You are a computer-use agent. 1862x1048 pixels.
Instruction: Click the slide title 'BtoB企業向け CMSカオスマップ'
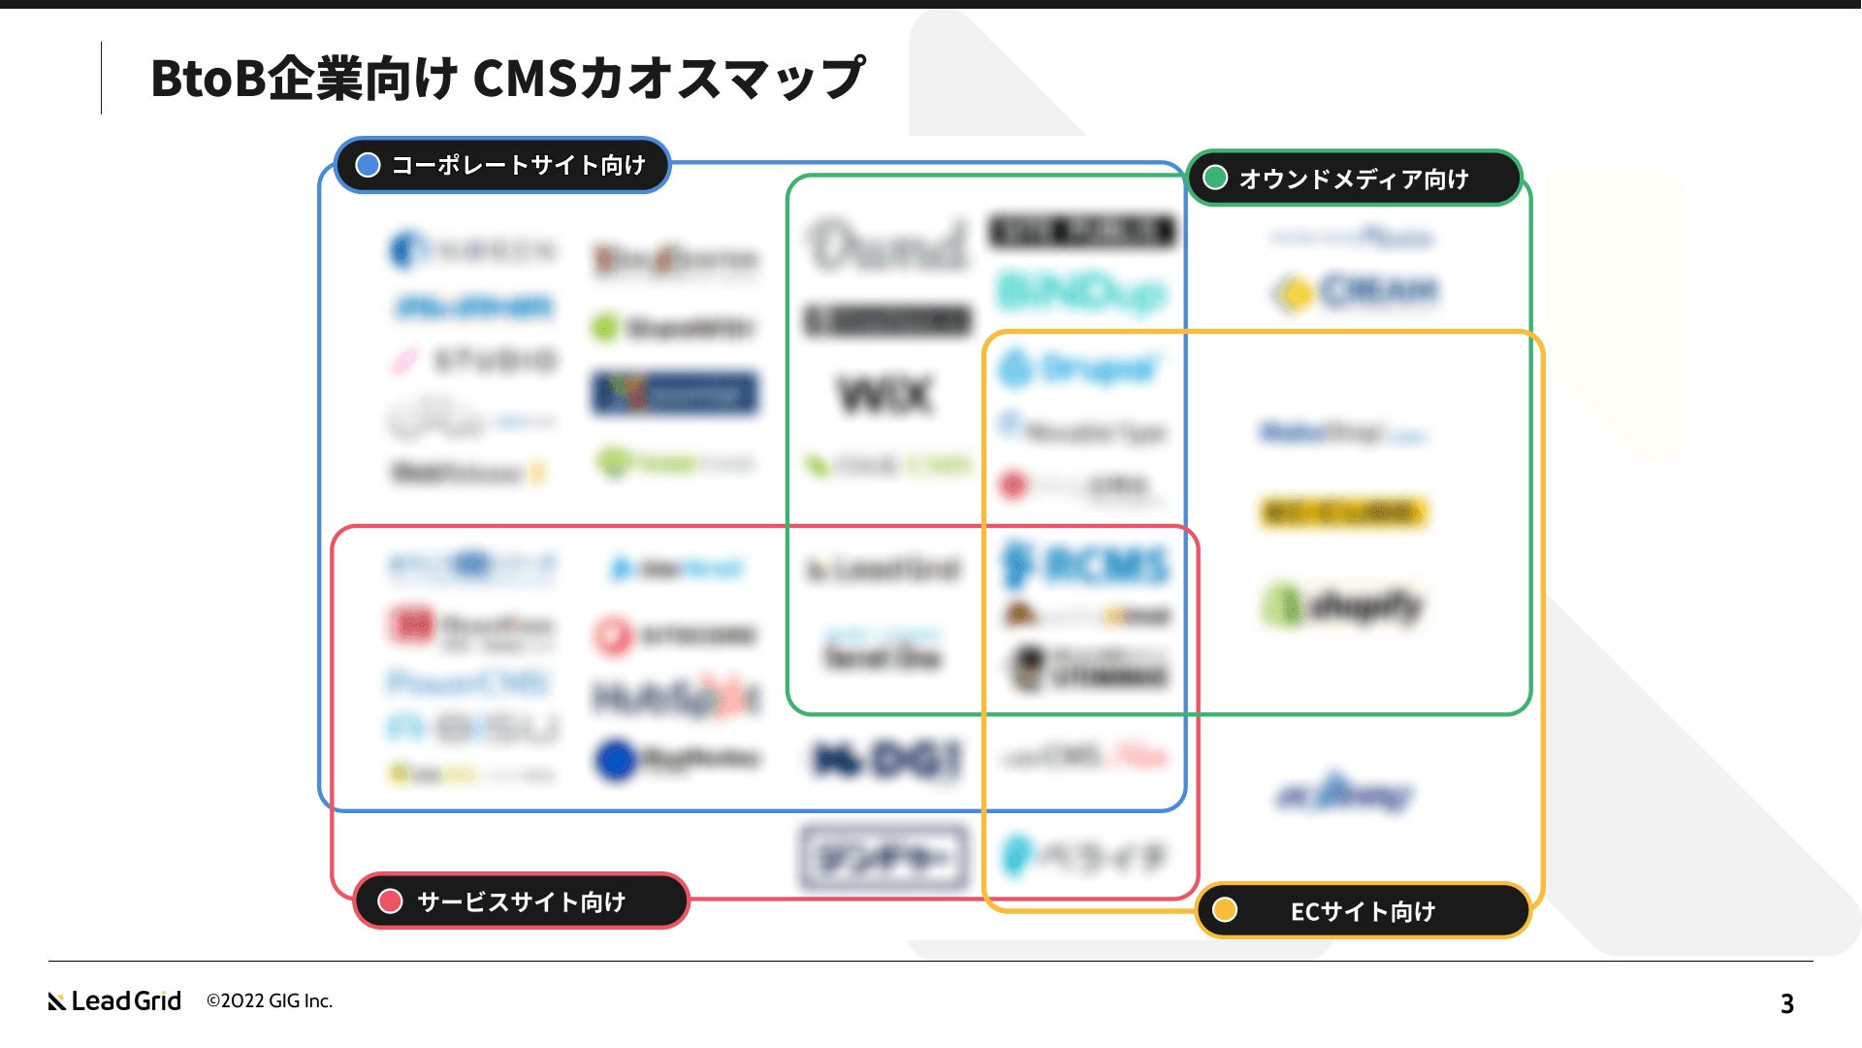point(507,78)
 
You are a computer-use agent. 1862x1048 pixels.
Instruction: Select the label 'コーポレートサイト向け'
point(518,165)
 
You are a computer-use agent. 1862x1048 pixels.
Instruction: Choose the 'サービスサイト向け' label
point(521,901)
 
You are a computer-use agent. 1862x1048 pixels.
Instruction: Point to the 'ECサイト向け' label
point(1362,911)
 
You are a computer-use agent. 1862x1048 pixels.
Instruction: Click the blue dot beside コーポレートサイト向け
point(368,165)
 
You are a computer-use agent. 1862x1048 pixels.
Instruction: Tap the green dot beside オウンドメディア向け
point(1214,178)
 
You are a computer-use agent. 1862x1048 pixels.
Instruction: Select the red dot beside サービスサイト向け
point(390,901)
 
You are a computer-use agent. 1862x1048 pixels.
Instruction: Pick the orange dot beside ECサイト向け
point(1225,910)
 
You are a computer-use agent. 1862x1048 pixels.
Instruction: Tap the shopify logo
point(1344,606)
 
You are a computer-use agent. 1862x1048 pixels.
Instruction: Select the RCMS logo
point(1086,565)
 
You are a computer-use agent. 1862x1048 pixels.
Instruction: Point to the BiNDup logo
point(1082,291)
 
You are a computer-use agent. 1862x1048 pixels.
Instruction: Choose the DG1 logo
point(886,760)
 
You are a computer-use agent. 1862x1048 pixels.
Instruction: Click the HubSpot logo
point(676,697)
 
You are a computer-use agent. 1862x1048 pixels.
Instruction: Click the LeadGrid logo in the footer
point(114,1000)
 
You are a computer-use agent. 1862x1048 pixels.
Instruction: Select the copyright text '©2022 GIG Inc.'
point(270,1000)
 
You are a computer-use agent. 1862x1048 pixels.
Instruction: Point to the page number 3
point(1786,1003)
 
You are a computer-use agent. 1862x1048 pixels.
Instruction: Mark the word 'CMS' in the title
point(525,78)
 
